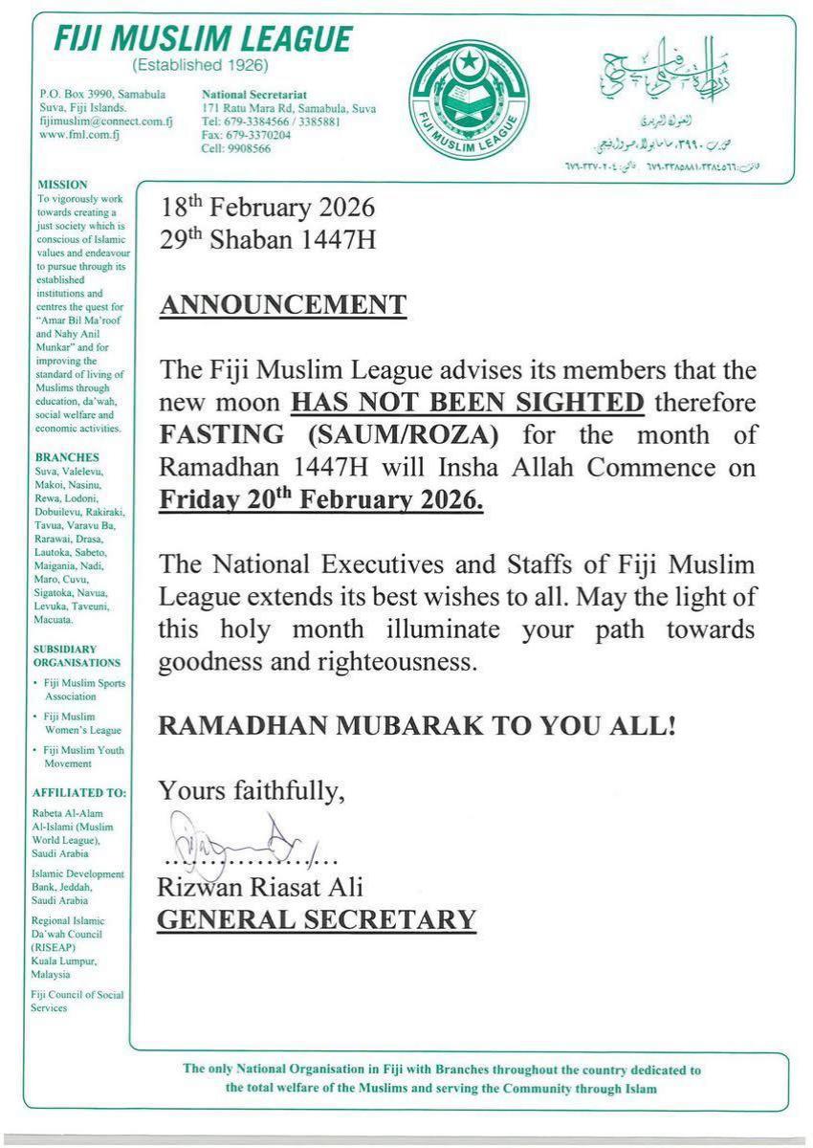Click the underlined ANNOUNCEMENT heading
[x=282, y=305]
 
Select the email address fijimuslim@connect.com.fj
[x=106, y=121]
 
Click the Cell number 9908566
[x=236, y=149]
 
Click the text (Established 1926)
[x=199, y=66]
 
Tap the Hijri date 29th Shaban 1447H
[x=267, y=239]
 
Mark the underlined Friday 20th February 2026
[x=321, y=499]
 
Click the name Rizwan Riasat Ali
[x=261, y=887]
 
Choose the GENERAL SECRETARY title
[x=317, y=919]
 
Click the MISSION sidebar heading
[x=62, y=185]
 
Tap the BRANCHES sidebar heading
[x=68, y=457]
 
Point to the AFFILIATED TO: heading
[x=78, y=792]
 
